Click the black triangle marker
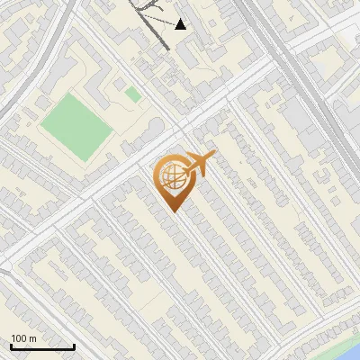[181, 24]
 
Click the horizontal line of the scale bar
[41, 347]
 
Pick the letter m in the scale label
[33, 338]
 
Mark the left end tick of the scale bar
[10, 346]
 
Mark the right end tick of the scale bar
[74, 346]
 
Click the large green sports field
[76, 127]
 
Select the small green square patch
[132, 94]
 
